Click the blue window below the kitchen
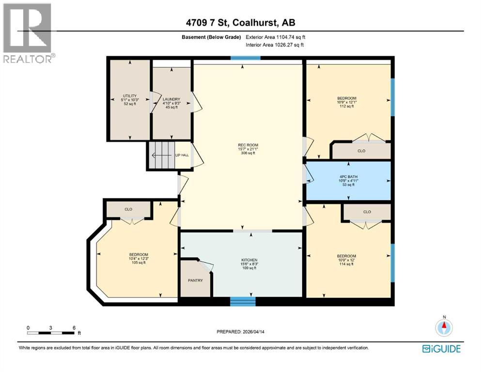point(243,302)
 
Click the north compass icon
point(444,327)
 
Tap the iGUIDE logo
point(441,349)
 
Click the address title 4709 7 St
point(240,22)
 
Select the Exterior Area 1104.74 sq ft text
point(276,37)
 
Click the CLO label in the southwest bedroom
point(128,210)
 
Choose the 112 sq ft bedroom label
point(346,102)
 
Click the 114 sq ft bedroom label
point(346,260)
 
